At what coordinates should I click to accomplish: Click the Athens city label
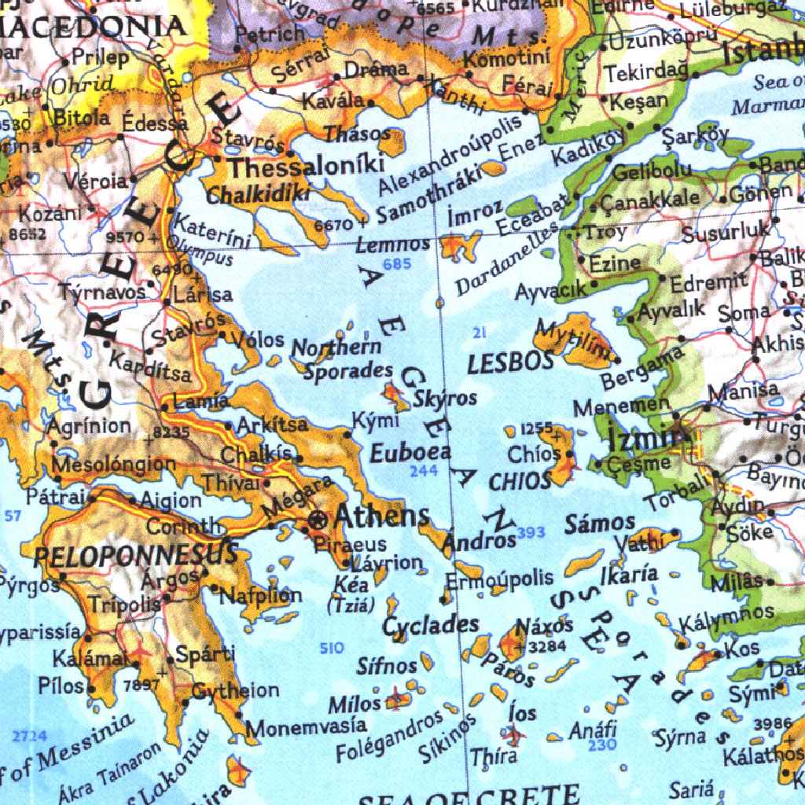[x=382, y=516]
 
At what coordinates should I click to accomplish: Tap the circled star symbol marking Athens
[x=318, y=518]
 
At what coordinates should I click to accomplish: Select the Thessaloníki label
[x=306, y=166]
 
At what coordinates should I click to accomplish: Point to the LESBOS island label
[x=511, y=363]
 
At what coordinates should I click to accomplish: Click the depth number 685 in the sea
[x=397, y=264]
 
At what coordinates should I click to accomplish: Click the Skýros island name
[x=445, y=398]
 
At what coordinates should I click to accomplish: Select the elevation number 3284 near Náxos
[x=548, y=647]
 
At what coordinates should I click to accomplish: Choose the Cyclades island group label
[x=431, y=626]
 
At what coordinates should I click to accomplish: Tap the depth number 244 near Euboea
[x=424, y=472]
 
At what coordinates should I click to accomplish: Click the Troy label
[x=606, y=232]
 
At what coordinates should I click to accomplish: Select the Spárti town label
[x=204, y=654]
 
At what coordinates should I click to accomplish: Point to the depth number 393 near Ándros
[x=531, y=533]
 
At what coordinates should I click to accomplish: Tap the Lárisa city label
[x=203, y=296]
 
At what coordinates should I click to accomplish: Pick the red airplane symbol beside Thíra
[x=513, y=736]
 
